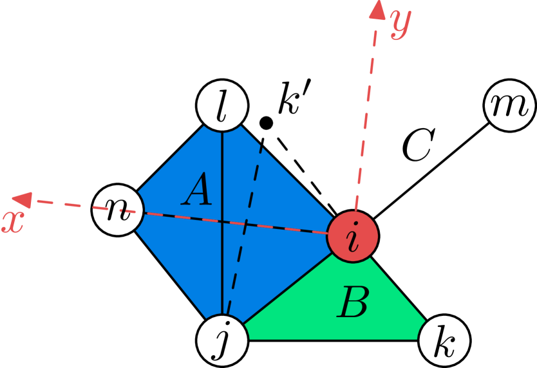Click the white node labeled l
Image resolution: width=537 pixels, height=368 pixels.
coord(222,107)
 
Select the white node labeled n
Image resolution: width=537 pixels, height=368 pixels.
coord(118,210)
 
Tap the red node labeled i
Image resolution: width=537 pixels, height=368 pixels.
coord(352,235)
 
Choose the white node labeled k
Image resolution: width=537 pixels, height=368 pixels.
coord(444,340)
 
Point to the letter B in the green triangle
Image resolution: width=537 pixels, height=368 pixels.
coord(353,303)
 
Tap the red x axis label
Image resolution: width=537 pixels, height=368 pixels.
coord(12,221)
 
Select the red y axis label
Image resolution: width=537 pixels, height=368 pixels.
coord(400,24)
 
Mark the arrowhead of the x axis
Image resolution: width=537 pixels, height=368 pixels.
coord(24,200)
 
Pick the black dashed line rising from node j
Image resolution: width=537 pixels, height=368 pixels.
coord(243,232)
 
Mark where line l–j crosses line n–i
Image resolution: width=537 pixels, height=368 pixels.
coord(222,221)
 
